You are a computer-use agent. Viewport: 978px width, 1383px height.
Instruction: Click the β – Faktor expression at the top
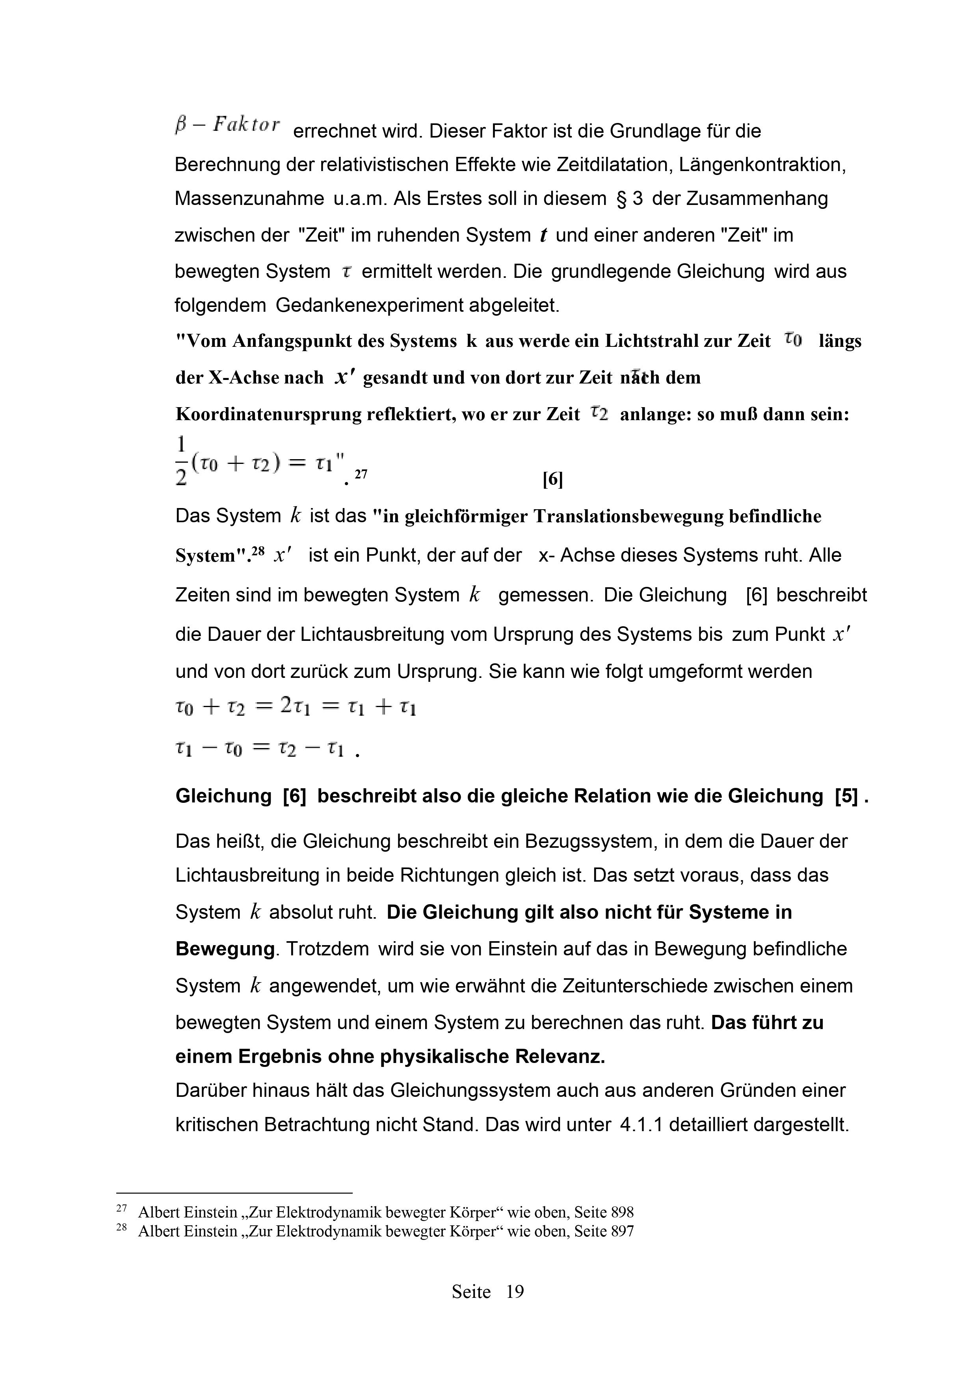(x=227, y=125)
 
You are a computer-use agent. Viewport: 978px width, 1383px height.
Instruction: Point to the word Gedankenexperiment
(x=369, y=305)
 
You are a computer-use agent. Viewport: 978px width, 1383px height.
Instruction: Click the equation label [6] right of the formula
(x=552, y=480)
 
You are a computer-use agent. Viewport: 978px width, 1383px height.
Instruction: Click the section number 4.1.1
(x=641, y=1124)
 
